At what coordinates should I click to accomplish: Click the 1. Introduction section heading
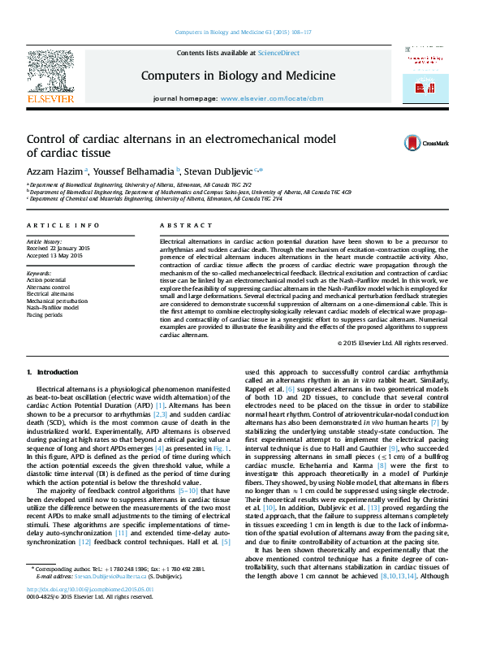click(53, 372)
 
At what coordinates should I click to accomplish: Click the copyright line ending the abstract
click(392, 344)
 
